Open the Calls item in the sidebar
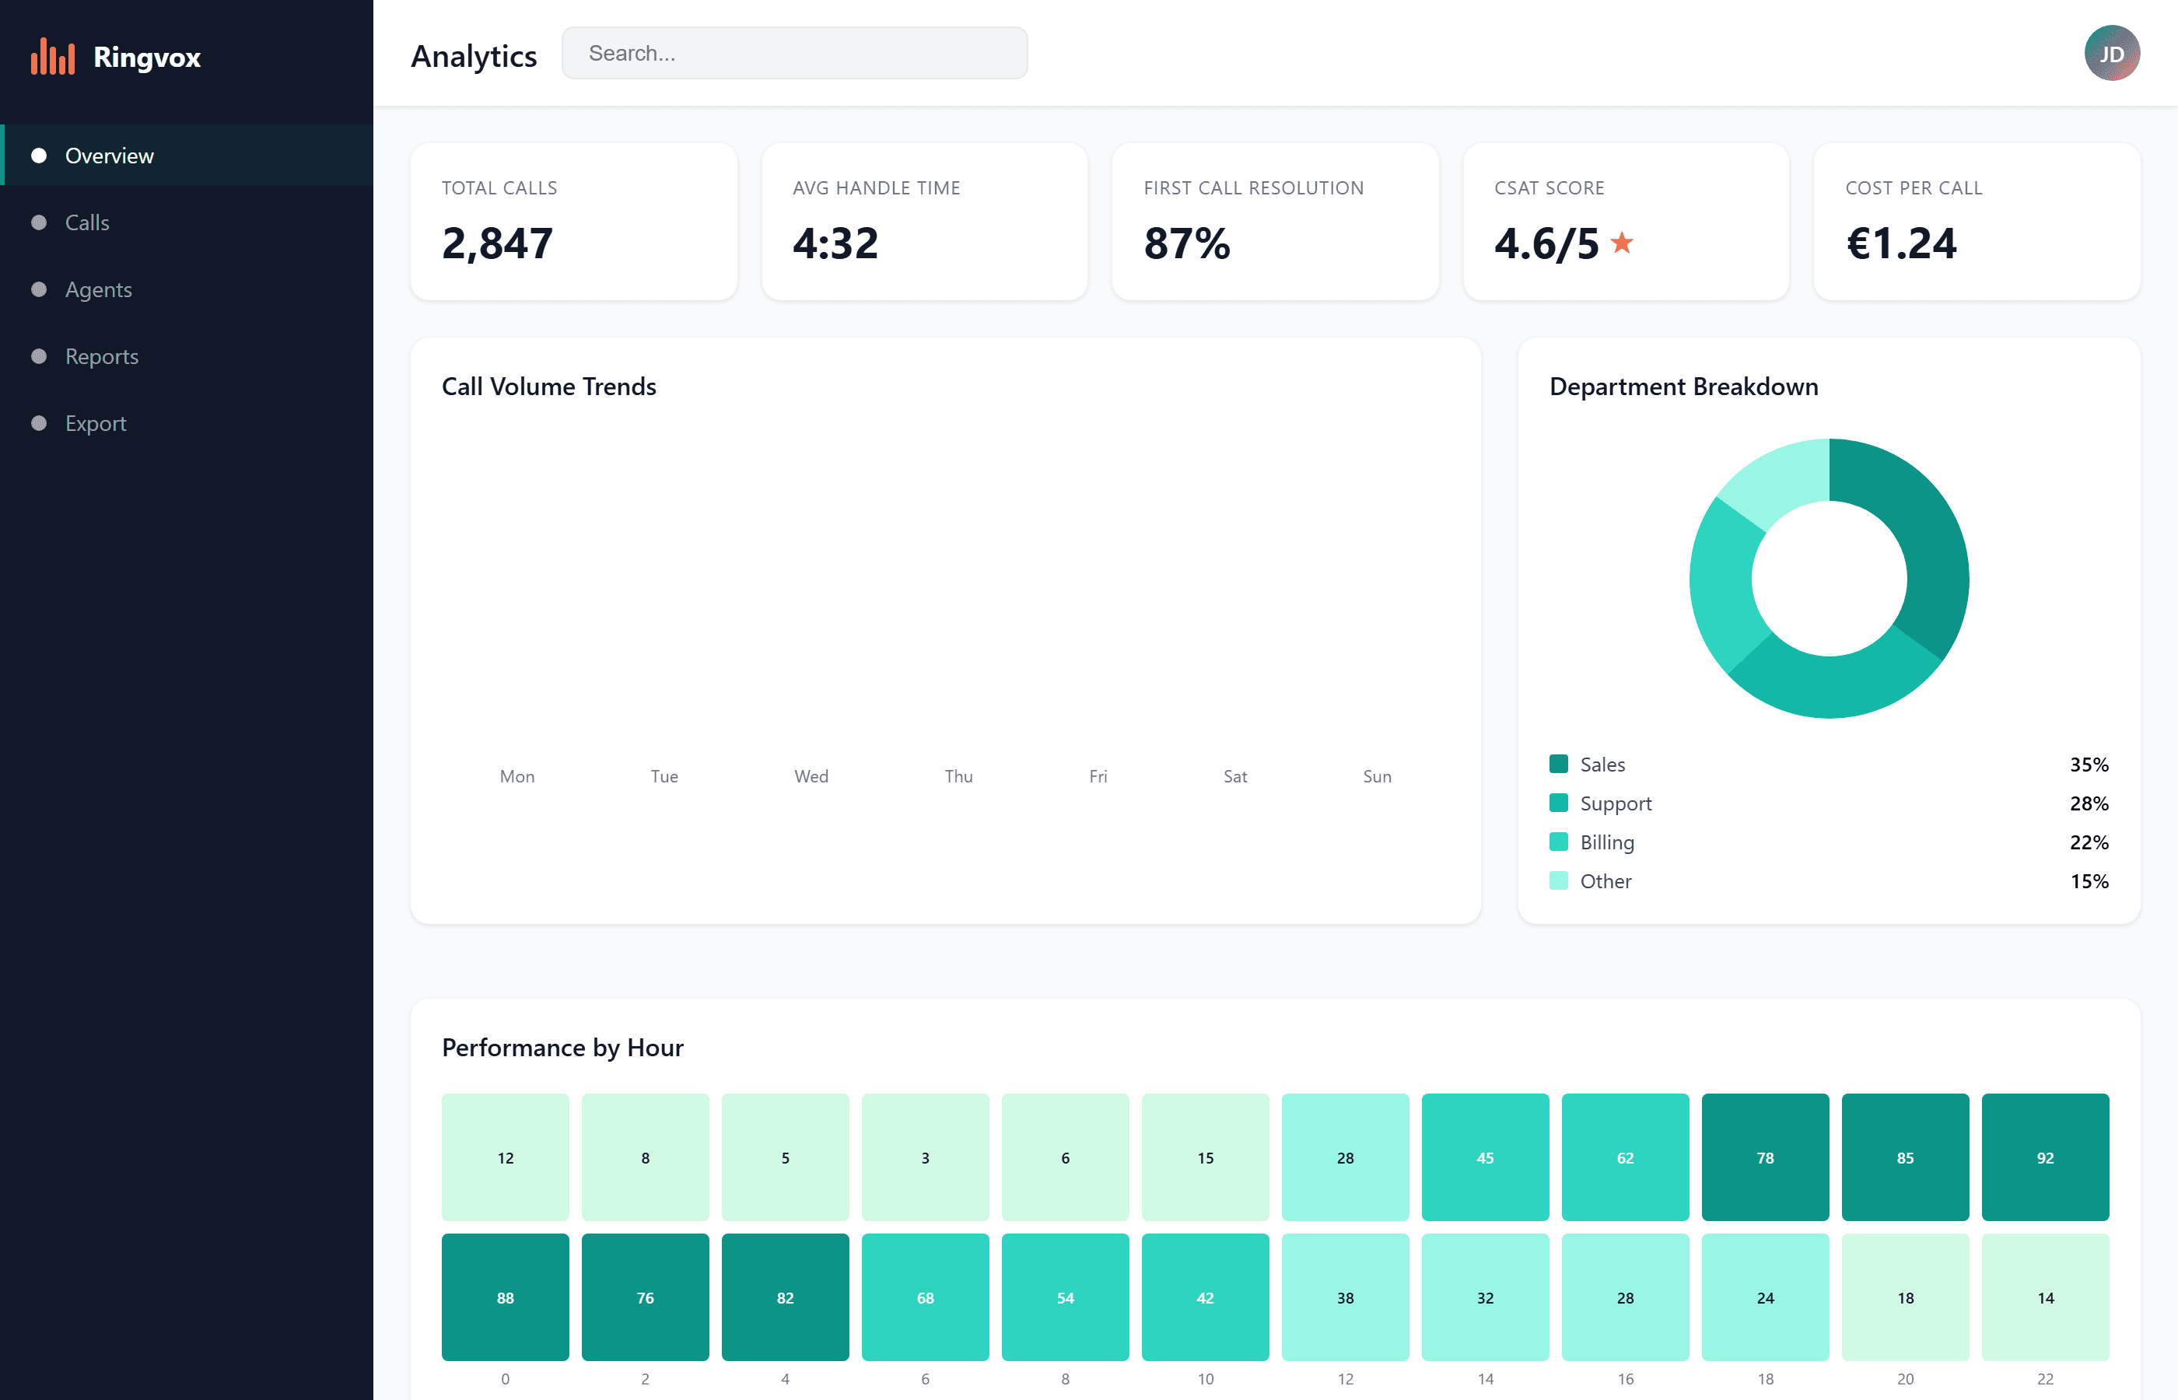coord(87,222)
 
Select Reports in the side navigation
coord(101,356)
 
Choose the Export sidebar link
coord(96,424)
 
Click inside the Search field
coord(794,54)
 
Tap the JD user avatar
coord(2111,54)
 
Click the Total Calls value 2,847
coord(497,243)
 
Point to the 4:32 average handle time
coord(835,243)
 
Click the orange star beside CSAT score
coord(1622,243)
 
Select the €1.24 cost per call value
coord(1901,243)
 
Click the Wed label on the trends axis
coord(811,776)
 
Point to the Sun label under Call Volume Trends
coord(1376,776)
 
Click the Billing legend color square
coord(1558,842)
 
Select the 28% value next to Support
coord(2088,803)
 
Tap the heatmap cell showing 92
coord(2044,1157)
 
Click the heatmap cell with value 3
coord(924,1157)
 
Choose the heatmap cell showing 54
coord(1064,1297)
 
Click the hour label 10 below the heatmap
coord(1204,1379)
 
